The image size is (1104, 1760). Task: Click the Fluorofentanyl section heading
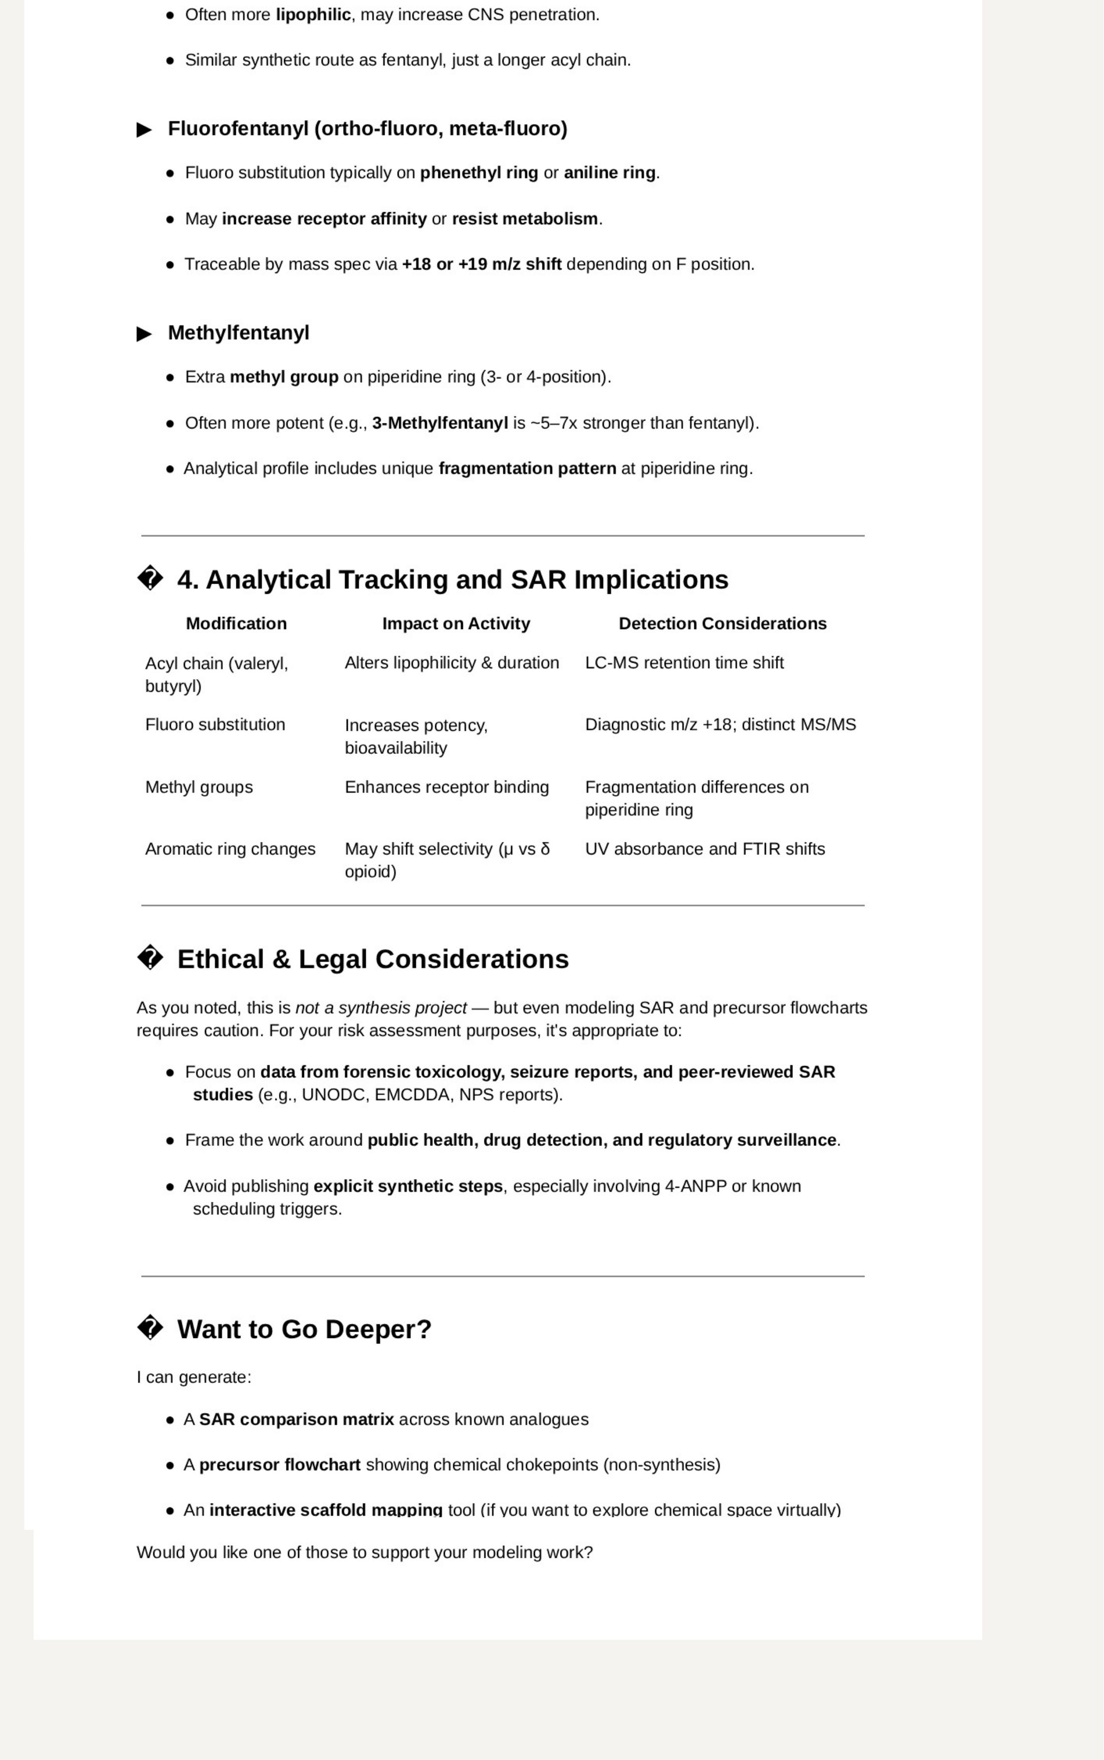(x=367, y=129)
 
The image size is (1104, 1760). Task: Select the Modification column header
(x=236, y=624)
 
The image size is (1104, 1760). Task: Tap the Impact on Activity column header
(x=456, y=624)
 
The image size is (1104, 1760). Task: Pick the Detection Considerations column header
(x=722, y=624)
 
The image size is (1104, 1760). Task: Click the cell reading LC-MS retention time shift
(x=684, y=663)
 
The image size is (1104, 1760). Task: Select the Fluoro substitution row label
(x=215, y=725)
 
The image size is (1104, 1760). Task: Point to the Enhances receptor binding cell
(x=446, y=787)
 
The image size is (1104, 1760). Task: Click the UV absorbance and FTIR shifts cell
(x=705, y=849)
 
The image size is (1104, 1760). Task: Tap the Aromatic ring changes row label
(x=230, y=849)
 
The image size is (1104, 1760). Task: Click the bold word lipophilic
(x=313, y=16)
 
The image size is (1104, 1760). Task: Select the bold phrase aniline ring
(x=609, y=173)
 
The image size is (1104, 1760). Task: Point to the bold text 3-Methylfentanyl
(x=440, y=423)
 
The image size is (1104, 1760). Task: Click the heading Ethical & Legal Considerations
(x=372, y=960)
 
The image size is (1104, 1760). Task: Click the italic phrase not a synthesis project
(x=380, y=1009)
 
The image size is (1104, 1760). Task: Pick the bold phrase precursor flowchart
(x=280, y=1465)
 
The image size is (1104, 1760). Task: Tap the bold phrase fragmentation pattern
(x=527, y=469)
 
